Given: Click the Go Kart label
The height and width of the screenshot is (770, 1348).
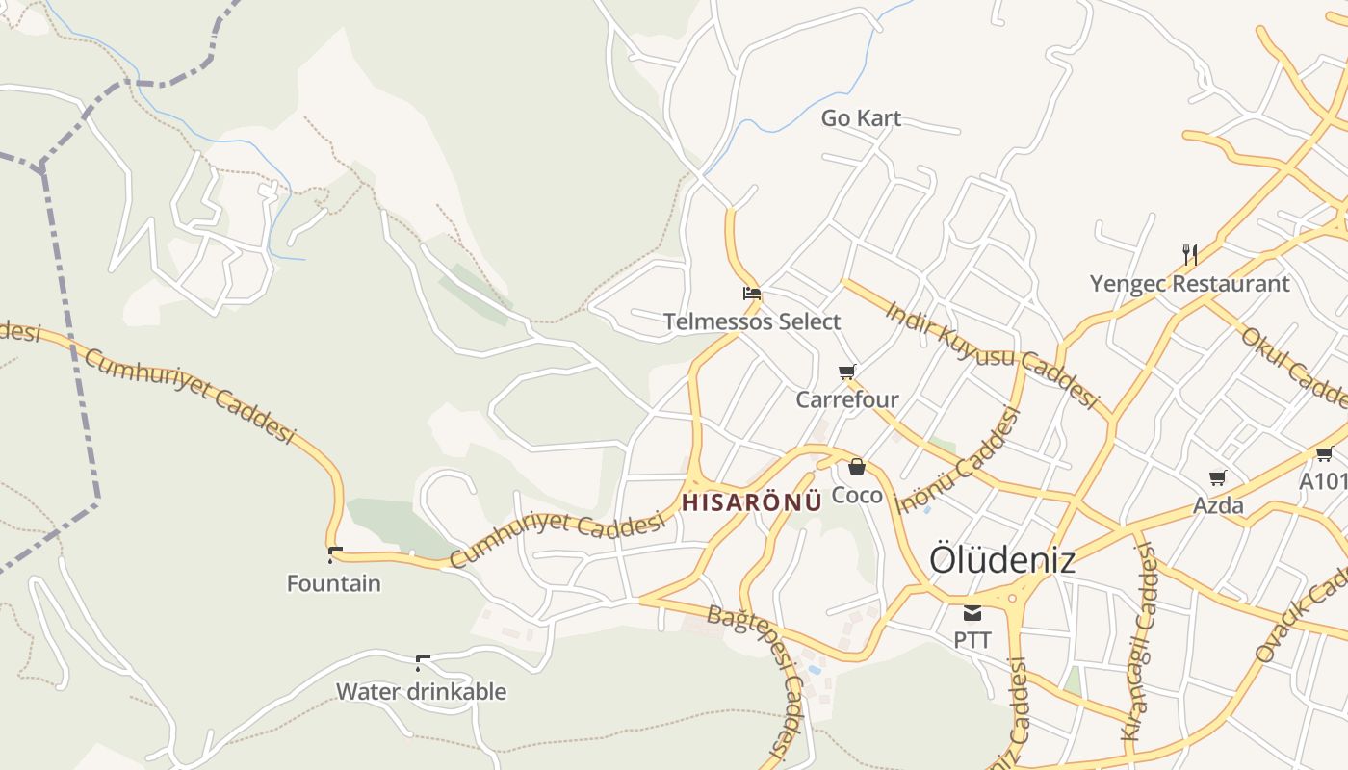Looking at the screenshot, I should tap(861, 118).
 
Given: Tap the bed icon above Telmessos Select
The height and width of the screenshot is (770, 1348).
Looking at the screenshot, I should tap(752, 294).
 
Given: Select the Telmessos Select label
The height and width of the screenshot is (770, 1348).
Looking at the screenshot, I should tap(752, 321).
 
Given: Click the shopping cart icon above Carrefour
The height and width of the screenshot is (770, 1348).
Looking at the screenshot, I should tap(847, 372).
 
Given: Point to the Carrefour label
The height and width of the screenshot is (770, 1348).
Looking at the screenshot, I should tap(847, 399).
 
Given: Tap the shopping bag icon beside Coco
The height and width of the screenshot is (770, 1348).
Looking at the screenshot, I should tap(857, 468).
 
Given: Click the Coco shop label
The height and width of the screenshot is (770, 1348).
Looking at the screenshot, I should tap(857, 495).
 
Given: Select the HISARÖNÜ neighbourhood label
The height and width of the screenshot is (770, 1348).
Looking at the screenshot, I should tap(752, 501).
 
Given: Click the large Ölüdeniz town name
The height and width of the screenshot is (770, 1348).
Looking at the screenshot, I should tap(1001, 560).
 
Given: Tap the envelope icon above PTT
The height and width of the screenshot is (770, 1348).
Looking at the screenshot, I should tap(972, 612).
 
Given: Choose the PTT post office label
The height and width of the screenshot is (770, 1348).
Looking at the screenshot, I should tap(972, 639).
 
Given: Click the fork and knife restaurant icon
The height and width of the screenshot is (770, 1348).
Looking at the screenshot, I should tap(1190, 255).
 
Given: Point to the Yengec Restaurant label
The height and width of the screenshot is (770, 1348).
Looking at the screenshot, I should tap(1189, 284).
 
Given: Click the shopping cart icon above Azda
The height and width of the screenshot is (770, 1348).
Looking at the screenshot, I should tap(1218, 477).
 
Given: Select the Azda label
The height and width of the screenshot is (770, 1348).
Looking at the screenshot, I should tap(1218, 505).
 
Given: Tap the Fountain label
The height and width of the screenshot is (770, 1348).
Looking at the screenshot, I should tap(334, 583).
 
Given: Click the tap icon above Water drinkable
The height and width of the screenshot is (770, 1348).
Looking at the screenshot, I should tap(421, 662).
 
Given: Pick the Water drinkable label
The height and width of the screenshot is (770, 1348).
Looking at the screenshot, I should tap(421, 691).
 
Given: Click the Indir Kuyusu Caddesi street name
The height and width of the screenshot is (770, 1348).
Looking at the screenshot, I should tap(992, 354).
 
